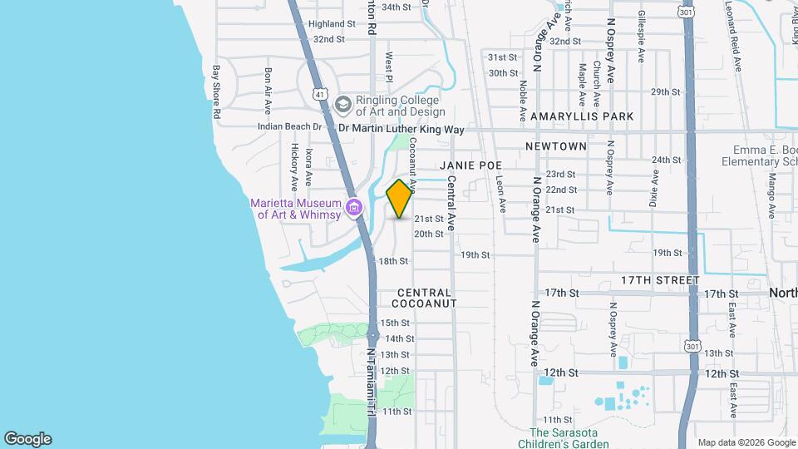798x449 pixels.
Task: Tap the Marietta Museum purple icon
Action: click(355, 207)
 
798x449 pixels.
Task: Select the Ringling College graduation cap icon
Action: click(343, 105)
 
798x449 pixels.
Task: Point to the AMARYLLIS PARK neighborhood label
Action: click(582, 116)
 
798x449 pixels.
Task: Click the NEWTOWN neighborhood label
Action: click(556, 146)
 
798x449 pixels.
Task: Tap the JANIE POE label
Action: click(473, 165)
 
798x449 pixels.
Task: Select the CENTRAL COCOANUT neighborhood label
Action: click(425, 298)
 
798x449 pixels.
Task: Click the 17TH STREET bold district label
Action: click(660, 281)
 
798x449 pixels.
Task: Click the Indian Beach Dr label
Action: click(290, 127)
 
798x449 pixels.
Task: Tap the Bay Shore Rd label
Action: click(215, 91)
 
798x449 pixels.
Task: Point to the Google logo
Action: click(27, 439)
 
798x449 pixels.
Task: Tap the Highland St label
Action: click(326, 24)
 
